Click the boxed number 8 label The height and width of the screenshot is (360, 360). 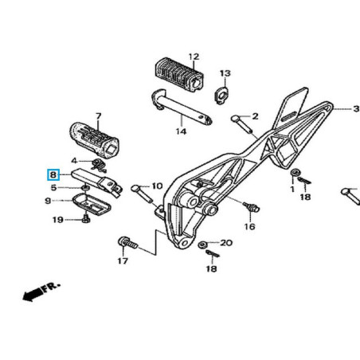coord(53,174)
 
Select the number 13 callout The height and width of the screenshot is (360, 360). coord(225,73)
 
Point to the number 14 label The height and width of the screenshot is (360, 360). coord(181,131)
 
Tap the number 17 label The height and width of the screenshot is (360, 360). coord(123,260)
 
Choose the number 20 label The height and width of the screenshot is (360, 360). coord(226,243)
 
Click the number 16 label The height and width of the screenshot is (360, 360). coord(249,227)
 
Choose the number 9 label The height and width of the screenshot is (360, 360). coord(48,201)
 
